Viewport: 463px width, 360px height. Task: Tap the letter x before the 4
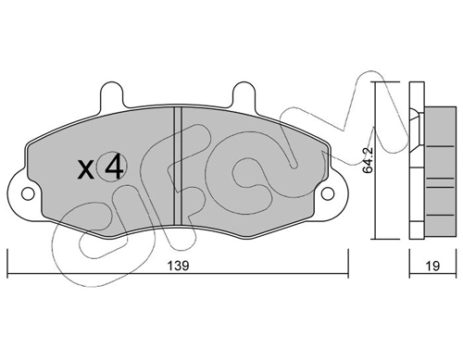click(85, 170)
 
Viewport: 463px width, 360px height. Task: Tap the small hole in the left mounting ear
click(25, 195)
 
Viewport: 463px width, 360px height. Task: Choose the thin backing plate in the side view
click(413, 157)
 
